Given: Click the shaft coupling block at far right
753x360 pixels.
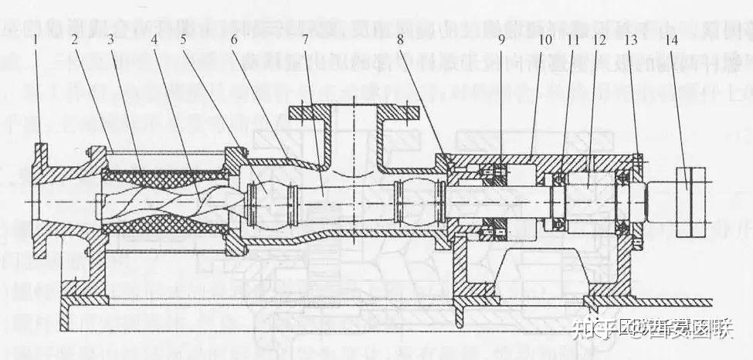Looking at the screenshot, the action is coord(690,202).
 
